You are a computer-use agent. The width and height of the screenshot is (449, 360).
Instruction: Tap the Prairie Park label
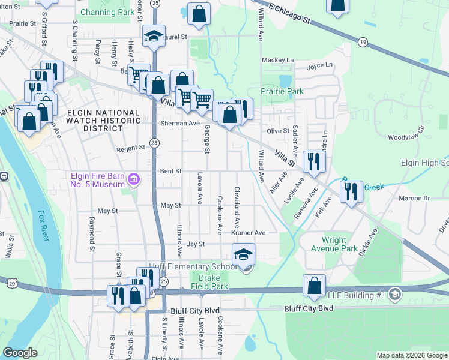[x=282, y=92]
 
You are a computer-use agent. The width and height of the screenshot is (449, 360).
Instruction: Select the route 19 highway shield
[x=362, y=42]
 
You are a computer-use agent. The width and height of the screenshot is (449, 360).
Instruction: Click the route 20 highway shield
[x=12, y=282]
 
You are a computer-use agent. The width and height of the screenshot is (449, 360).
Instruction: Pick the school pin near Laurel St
[x=154, y=36]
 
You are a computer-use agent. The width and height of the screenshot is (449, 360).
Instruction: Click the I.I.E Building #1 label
[x=357, y=294]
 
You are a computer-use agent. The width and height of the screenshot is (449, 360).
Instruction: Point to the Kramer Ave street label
[x=248, y=233]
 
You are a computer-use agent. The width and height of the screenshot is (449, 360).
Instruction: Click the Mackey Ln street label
[x=278, y=61]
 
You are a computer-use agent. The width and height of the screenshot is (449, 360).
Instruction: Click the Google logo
[x=20, y=353]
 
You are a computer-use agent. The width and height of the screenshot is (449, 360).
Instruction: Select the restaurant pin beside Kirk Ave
[x=351, y=193]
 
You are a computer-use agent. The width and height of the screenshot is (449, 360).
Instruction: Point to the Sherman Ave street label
[x=179, y=123]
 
